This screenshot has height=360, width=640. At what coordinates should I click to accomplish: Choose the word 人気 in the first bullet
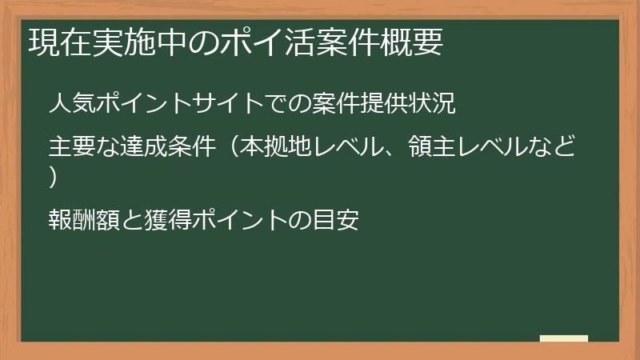pyautogui.click(x=69, y=104)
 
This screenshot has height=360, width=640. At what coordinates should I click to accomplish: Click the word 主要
pyautogui.click(x=69, y=148)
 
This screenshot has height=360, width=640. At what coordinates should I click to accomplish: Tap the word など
pyautogui.click(x=558, y=148)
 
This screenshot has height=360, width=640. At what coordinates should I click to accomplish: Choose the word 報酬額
pyautogui.click(x=81, y=219)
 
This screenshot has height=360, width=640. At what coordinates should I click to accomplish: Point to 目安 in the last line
pyautogui.click(x=336, y=219)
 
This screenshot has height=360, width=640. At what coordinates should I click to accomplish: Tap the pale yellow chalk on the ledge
pyautogui.click(x=563, y=338)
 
